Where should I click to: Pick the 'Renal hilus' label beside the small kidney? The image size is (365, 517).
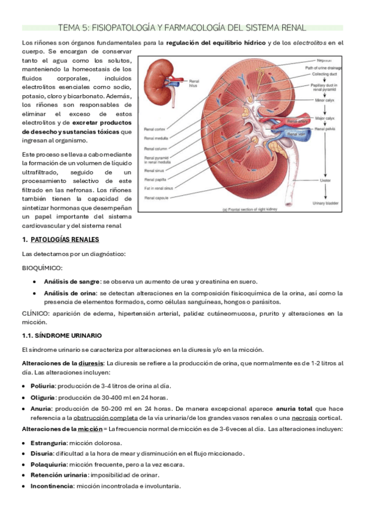click(x=194, y=84)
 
